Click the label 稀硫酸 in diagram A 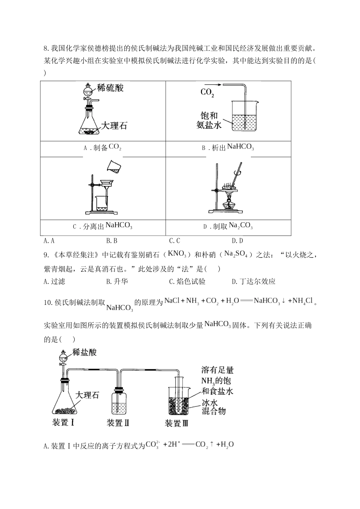110,88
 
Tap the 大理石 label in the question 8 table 114,126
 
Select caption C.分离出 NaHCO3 102,226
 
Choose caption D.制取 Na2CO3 228,226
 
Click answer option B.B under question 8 112,241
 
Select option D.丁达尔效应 254,281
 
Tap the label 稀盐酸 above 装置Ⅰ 85,353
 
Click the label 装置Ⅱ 118,423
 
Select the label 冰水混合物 213,407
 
